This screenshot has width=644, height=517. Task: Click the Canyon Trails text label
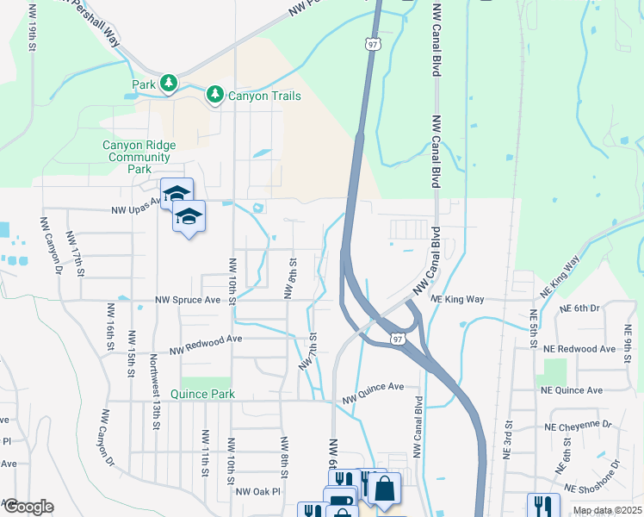pyautogui.click(x=264, y=96)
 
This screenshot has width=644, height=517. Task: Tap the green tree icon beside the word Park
pyautogui.click(x=170, y=84)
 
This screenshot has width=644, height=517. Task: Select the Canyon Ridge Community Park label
pyautogui.click(x=139, y=157)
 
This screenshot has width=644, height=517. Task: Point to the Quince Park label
pyautogui.click(x=203, y=394)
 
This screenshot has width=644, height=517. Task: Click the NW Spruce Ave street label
pyautogui.click(x=189, y=301)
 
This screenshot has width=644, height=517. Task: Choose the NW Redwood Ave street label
pyautogui.click(x=206, y=345)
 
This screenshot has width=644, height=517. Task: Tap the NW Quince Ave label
pyautogui.click(x=373, y=393)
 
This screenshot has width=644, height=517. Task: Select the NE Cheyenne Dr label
pyautogui.click(x=578, y=426)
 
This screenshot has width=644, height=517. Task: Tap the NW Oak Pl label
pyautogui.click(x=258, y=492)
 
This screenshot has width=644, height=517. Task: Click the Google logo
pyautogui.click(x=28, y=507)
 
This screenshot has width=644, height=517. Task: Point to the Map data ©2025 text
pyautogui.click(x=606, y=510)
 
